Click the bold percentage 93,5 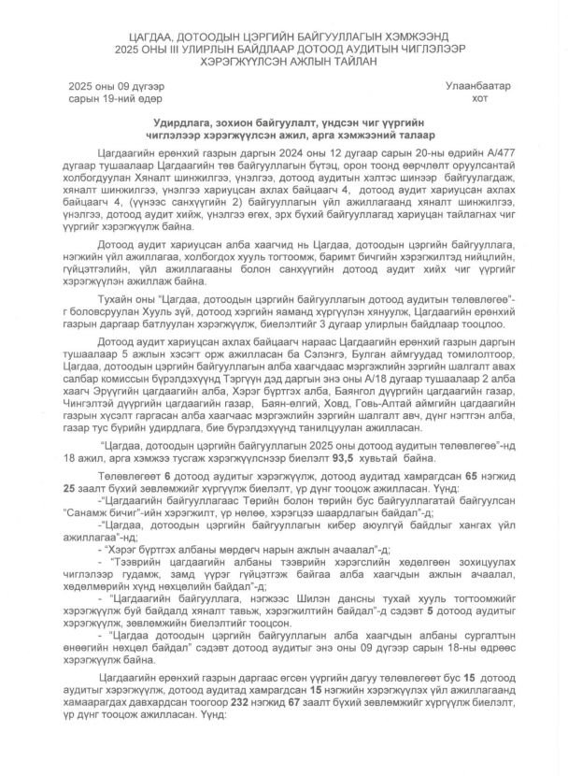point(399,459)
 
